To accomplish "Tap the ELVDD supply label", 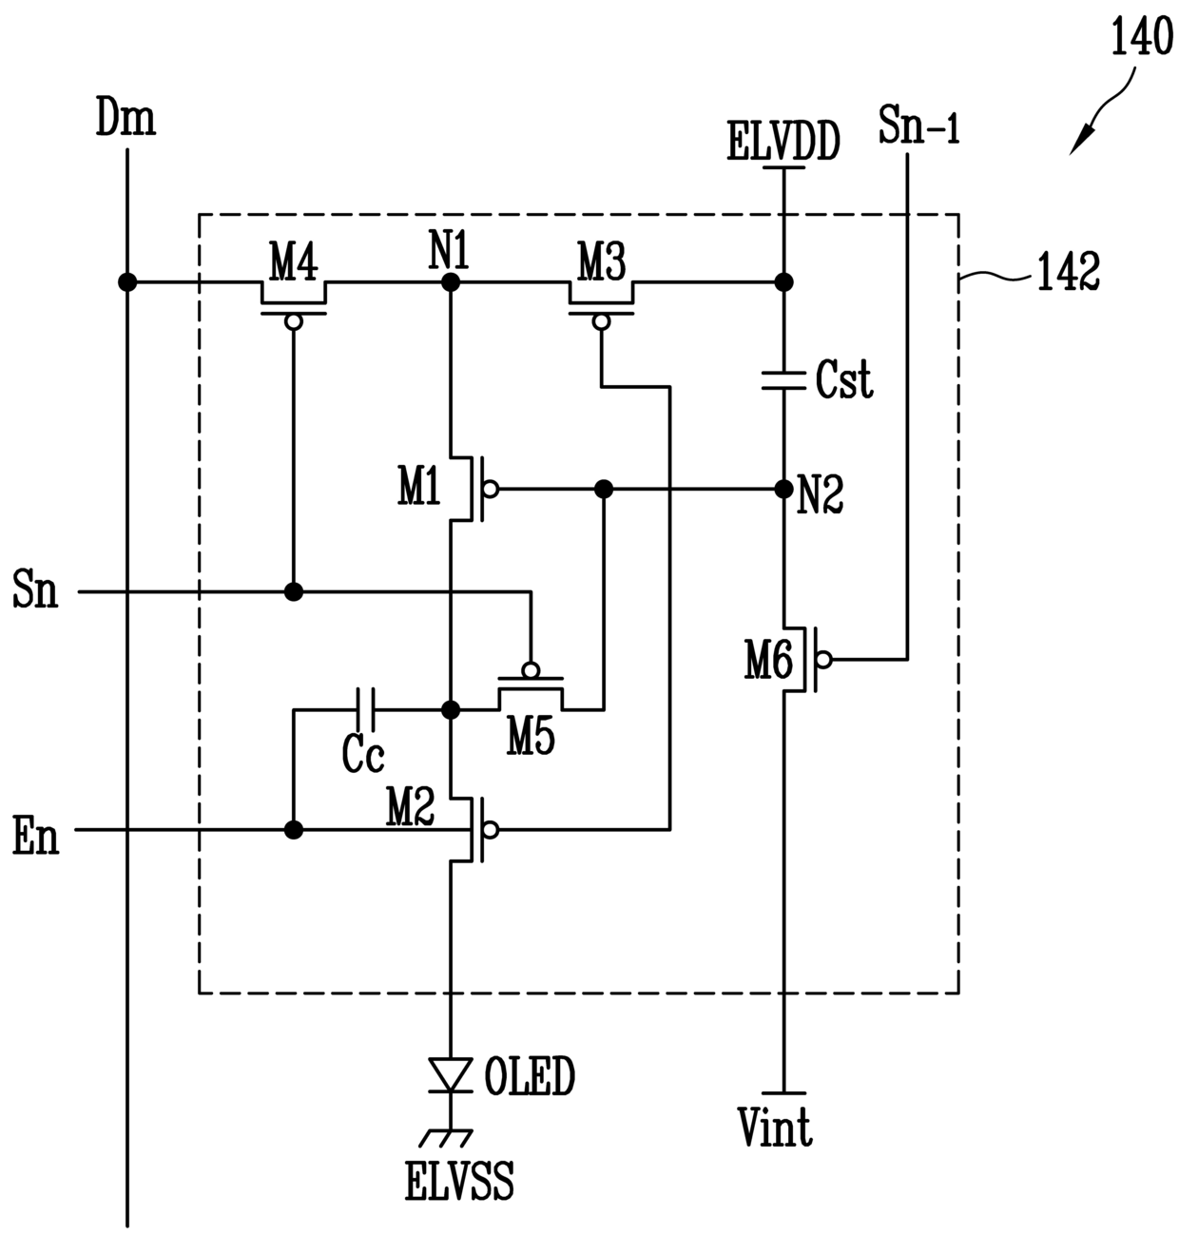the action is (x=783, y=142).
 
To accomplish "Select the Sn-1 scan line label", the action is (x=918, y=125).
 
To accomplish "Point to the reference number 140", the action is (x=1142, y=36).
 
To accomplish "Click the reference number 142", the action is (x=1069, y=271).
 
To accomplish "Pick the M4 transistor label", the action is (x=294, y=261).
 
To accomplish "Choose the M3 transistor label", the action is (x=602, y=261).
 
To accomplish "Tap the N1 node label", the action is (x=450, y=248).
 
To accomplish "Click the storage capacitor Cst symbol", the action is (x=783, y=380).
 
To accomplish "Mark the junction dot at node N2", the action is (x=783, y=489).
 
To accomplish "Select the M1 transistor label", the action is (x=419, y=486).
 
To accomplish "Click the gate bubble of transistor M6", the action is (x=824, y=660).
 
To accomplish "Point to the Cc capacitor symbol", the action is (x=365, y=710).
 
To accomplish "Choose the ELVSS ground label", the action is (x=459, y=1181).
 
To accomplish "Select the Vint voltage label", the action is (x=775, y=1127).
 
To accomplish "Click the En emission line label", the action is (x=36, y=837).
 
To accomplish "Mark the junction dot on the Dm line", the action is (x=127, y=282).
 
